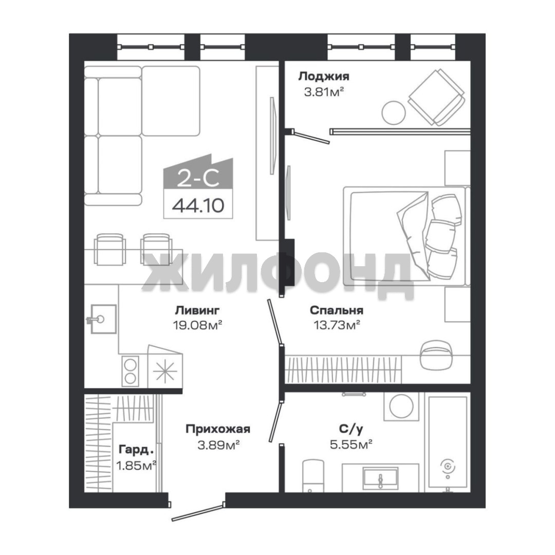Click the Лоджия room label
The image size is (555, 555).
324,77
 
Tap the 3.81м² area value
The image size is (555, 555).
324,92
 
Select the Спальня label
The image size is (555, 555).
336,310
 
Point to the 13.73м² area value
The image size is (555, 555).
337,325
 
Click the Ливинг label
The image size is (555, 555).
197,310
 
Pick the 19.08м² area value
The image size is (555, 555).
197,325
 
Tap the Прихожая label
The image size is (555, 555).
218,429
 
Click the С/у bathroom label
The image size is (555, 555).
351,429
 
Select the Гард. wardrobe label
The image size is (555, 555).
136,450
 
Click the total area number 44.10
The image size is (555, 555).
198,205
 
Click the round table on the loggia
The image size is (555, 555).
393,113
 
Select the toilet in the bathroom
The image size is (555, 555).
313,475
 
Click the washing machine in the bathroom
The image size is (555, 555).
401,406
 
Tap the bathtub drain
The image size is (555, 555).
448,467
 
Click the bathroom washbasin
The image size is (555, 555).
380,478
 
